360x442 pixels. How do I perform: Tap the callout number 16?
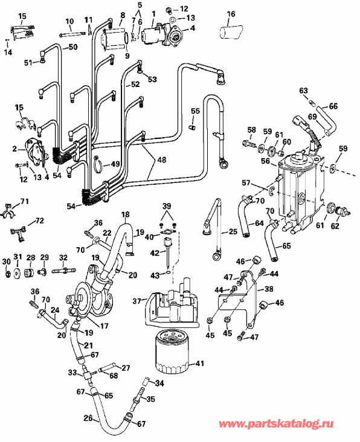coord(230,14)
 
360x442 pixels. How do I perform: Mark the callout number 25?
coord(233,232)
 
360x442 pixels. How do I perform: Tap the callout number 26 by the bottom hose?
coord(88,418)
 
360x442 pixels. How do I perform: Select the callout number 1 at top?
coord(153,13)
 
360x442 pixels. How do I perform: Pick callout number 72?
coord(40,221)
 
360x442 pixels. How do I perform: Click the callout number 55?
coord(195,111)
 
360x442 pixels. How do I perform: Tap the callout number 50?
coord(73,46)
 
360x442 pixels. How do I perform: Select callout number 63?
coord(304,91)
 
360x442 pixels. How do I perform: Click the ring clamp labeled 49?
coord(98,162)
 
